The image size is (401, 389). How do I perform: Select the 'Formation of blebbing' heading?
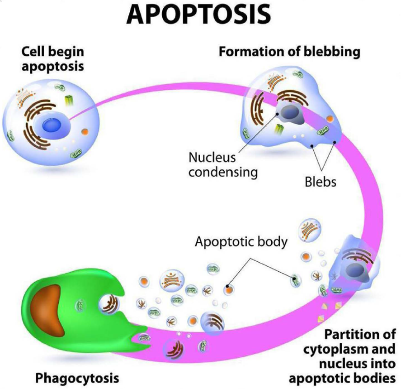[x=289, y=52]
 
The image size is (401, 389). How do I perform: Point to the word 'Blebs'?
[x=321, y=182]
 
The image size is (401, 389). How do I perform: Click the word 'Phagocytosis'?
[x=77, y=377]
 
